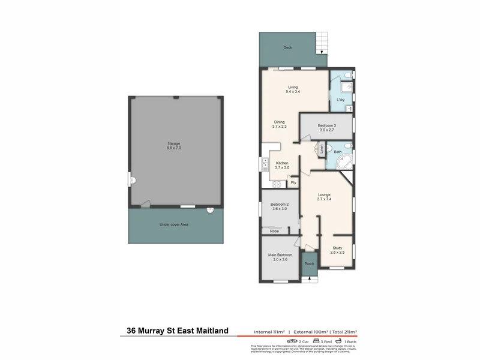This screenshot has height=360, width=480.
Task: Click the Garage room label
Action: click(174, 143)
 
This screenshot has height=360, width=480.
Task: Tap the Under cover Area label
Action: click(174, 224)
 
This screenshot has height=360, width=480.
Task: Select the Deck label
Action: click(287, 47)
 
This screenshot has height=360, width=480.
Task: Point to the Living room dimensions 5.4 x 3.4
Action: click(293, 92)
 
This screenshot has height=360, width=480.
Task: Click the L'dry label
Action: click(340, 100)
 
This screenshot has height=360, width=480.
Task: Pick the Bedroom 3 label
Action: click(326, 125)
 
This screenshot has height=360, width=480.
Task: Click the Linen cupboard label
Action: click(322, 149)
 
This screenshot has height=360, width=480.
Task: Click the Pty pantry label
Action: click(293, 182)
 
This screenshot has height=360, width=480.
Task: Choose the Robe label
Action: click(274, 231)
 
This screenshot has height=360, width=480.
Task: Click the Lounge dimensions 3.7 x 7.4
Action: click(324, 199)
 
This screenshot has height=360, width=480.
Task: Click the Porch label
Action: click(309, 264)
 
